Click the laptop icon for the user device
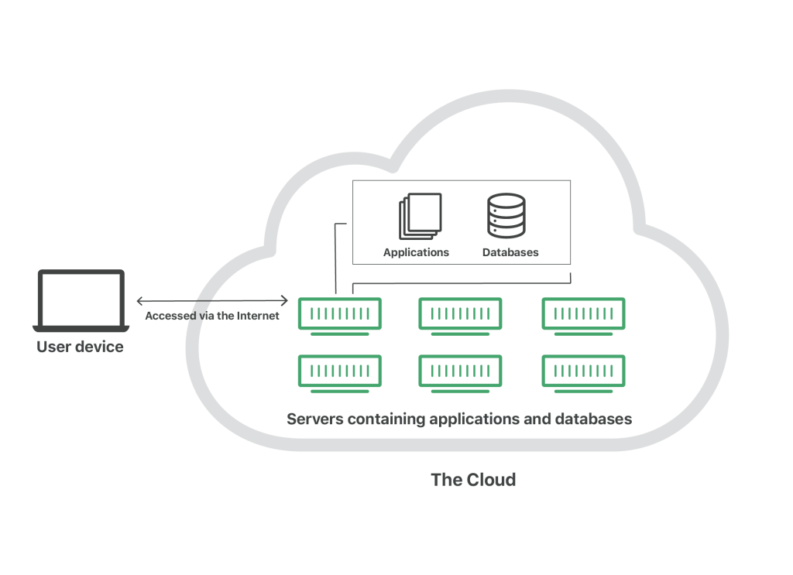[x=81, y=300]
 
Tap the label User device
[x=80, y=347]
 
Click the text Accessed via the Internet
[x=212, y=316]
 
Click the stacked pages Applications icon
[x=420, y=216]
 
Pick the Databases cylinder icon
[x=506, y=215]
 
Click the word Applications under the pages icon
[x=416, y=252]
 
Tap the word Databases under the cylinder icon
[x=510, y=252]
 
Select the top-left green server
[x=340, y=317]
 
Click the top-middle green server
[x=460, y=317]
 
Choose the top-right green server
[x=584, y=317]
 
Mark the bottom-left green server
[x=340, y=373]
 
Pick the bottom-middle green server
[x=460, y=373]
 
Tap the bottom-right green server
[x=584, y=373]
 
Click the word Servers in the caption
[x=315, y=419]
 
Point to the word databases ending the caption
[x=594, y=419]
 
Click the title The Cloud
[x=473, y=480]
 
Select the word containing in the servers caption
[x=386, y=419]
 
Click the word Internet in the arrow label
[x=258, y=316]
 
